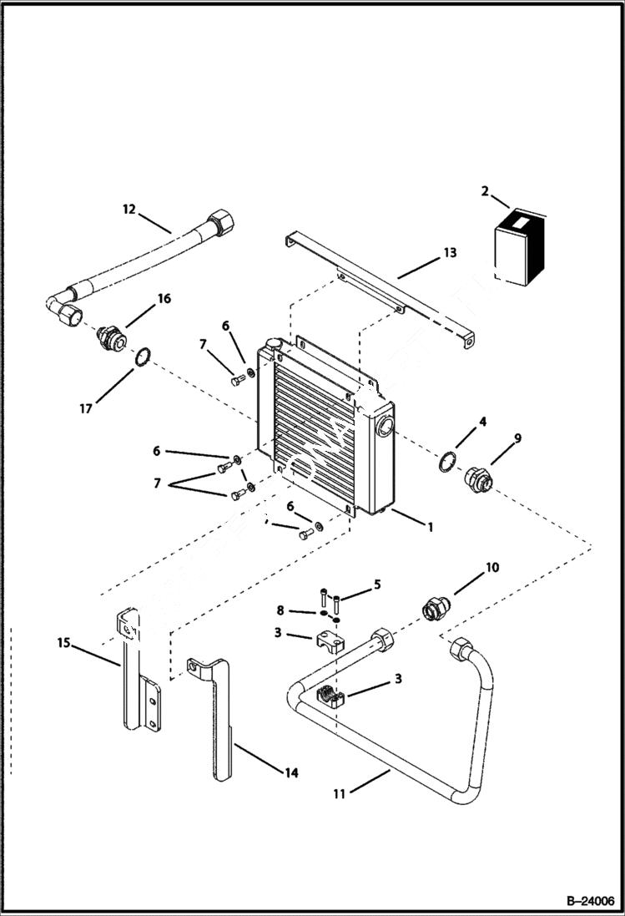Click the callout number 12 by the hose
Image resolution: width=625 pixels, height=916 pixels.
129,209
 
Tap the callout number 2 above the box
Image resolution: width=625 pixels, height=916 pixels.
485,192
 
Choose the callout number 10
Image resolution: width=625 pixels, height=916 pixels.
491,568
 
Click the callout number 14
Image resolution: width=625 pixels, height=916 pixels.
290,773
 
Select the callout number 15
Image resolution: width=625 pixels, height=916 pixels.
63,644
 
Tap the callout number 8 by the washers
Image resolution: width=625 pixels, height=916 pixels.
281,611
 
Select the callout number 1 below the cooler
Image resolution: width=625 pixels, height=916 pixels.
430,528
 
